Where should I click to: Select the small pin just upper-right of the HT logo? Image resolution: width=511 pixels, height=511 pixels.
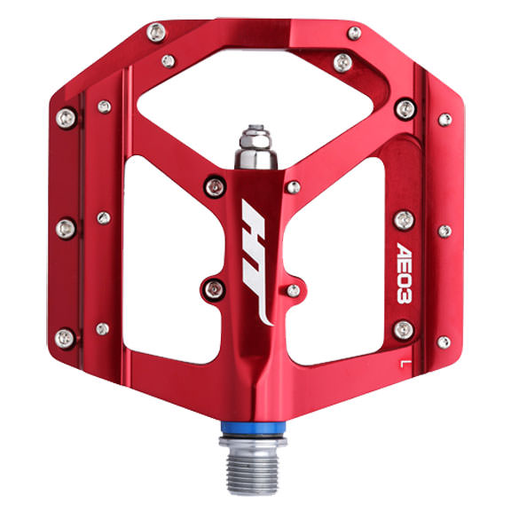[x=292, y=186]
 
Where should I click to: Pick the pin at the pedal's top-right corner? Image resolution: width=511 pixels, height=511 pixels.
[x=354, y=33]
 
